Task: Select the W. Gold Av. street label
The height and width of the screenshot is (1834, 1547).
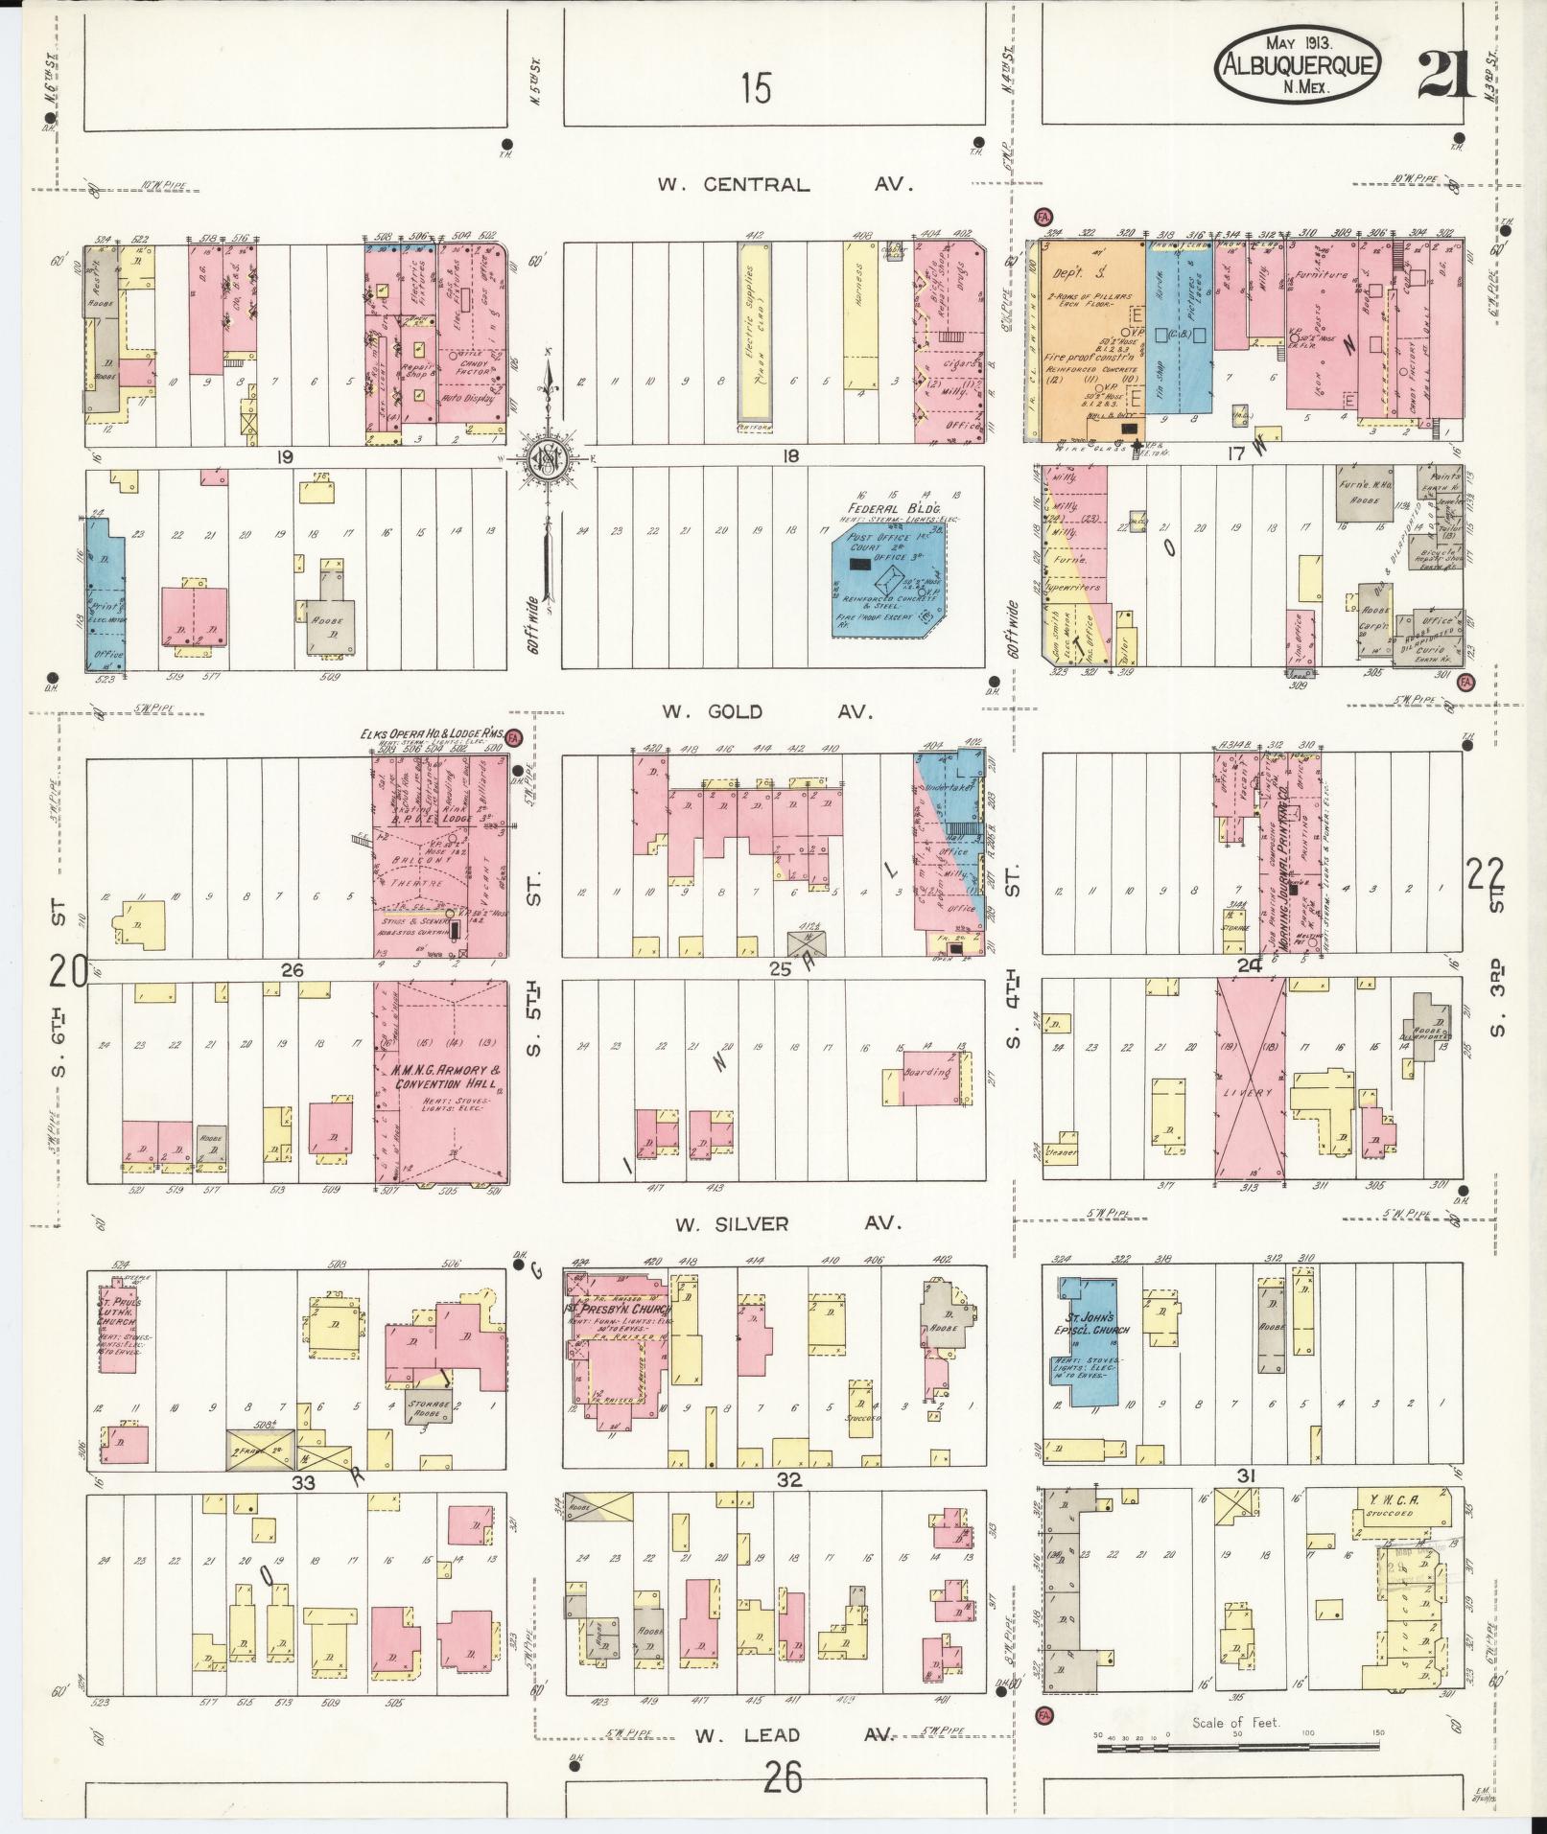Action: coord(765,711)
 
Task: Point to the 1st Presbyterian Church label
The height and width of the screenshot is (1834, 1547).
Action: coord(618,1310)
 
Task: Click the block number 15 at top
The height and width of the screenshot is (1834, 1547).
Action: coord(756,89)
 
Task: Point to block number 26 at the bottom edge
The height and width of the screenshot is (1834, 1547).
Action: coord(784,1778)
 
